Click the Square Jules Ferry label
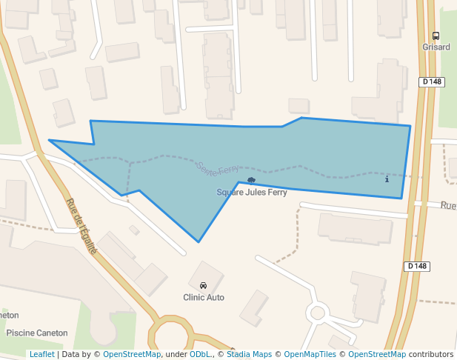[251, 193]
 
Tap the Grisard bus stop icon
[436, 36]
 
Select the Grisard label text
[436, 47]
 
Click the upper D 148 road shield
[432, 81]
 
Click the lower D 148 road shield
[417, 266]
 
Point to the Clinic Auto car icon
[203, 286]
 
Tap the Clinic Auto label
[204, 298]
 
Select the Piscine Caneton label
[37, 333]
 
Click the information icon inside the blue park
[387, 179]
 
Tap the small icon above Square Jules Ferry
[251, 180]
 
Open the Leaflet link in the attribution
[41, 354]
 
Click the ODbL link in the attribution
[200, 354]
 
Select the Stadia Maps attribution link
[248, 354]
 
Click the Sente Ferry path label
[218, 170]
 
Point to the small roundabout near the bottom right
[318, 313]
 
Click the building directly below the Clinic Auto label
[254, 307]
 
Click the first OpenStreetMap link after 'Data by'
[132, 354]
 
